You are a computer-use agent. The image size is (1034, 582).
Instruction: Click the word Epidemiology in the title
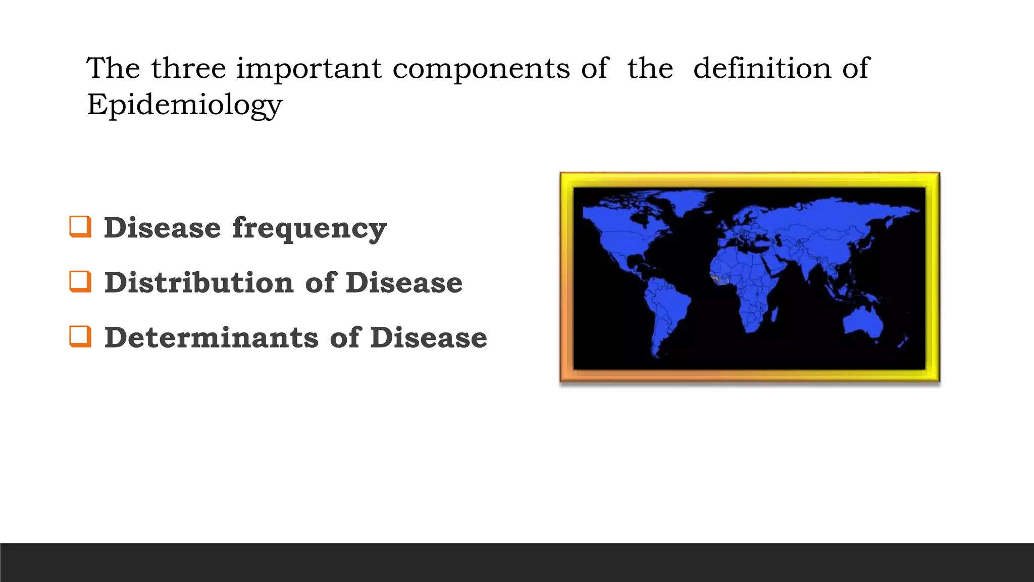(184, 105)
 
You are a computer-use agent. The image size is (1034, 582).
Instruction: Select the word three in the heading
(188, 68)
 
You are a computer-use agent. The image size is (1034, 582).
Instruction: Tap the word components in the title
(481, 69)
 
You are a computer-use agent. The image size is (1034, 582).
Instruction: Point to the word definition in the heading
(762, 68)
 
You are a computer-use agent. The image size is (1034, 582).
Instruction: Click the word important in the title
(308, 69)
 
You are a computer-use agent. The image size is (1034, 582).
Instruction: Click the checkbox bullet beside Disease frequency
(80, 227)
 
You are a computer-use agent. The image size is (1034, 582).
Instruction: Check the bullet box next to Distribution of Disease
(80, 282)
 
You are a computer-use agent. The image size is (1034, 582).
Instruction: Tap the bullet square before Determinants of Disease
(80, 337)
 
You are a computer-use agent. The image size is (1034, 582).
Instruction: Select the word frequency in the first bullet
(309, 228)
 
